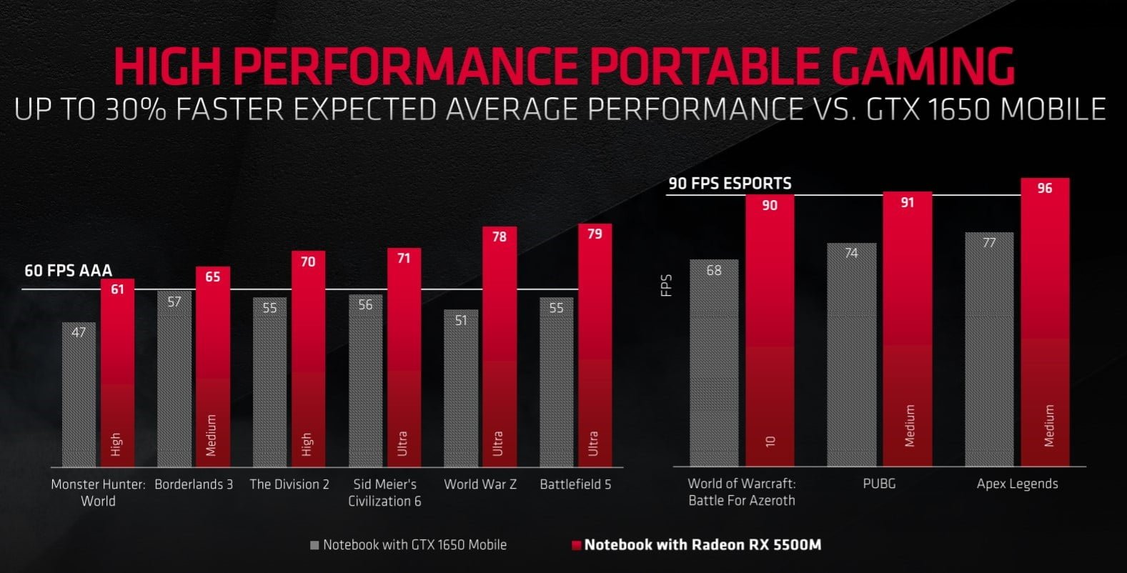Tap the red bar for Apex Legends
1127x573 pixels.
pos(1045,322)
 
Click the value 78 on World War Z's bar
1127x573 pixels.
pos(499,236)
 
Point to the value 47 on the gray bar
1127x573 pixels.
pos(79,332)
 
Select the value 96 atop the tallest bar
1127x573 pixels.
pos(1045,189)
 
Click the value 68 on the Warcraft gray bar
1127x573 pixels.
pos(714,270)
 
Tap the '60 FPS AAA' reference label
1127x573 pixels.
pos(69,271)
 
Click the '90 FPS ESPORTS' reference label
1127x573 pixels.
pos(730,184)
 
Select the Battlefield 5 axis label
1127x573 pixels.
pos(575,484)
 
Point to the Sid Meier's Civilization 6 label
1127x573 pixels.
pos(384,492)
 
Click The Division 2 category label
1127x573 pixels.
pos(289,484)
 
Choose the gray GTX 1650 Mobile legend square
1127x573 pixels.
pos(314,545)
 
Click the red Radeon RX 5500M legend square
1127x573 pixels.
pos(576,545)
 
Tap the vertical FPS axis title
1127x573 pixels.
pos(667,286)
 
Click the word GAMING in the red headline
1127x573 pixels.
pos(921,66)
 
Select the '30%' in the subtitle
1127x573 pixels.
pos(132,109)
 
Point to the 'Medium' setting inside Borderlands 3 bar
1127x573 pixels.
pos(211,435)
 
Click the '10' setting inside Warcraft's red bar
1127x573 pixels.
pos(770,441)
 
